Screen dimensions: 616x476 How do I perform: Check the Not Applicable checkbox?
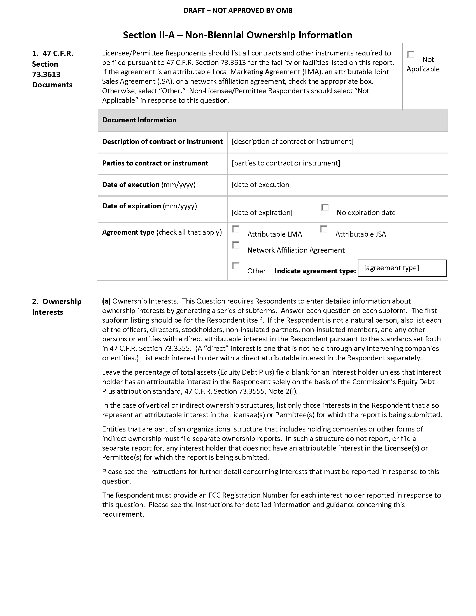pos(410,54)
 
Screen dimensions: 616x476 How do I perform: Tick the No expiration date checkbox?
pos(325,207)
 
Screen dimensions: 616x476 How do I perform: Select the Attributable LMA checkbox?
pos(236,229)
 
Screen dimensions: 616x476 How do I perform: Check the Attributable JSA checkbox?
pos(324,229)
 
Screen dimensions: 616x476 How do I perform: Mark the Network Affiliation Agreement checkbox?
pos(236,245)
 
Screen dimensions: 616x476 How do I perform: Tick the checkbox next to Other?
pos(236,266)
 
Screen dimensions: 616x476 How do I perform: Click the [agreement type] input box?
pos(402,268)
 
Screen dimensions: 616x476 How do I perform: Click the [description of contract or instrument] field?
pos(292,142)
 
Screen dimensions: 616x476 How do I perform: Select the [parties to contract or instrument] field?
pos(286,163)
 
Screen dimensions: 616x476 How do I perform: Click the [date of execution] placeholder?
pos(262,185)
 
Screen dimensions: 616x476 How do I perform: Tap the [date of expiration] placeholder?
pos(262,213)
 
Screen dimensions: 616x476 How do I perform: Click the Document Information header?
pos(139,120)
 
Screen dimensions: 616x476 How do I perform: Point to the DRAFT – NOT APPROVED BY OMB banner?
pos(238,10)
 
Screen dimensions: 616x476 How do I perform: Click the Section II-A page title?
pos(237,35)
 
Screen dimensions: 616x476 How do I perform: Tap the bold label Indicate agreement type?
pos(315,271)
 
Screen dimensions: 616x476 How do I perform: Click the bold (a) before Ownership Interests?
pos(106,301)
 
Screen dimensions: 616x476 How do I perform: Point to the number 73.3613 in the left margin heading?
pos(46,74)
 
